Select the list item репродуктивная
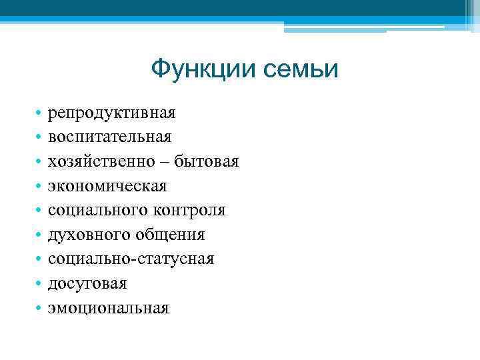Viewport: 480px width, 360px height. [x=111, y=113]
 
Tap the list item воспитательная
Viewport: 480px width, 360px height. [x=109, y=137]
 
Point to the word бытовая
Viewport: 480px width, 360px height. [x=207, y=161]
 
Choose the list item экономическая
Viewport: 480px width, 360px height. [x=107, y=185]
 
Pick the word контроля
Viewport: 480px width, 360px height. [x=189, y=210]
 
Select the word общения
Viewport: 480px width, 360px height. [x=171, y=235]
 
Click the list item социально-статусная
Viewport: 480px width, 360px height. [x=131, y=259]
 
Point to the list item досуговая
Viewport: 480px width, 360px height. [x=87, y=283]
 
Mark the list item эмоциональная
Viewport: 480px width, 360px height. [x=108, y=307]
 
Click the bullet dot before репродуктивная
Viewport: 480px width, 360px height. [x=40, y=113]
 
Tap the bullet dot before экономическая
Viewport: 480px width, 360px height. [x=40, y=186]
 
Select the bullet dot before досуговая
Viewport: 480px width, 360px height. [x=40, y=284]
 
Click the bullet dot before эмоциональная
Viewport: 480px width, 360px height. [x=40, y=308]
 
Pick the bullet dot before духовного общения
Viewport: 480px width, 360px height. [x=40, y=235]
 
